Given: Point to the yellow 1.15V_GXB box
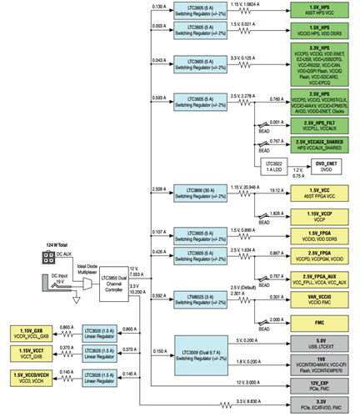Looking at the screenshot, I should click(31, 331).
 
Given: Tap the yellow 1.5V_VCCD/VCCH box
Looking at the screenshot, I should click(31, 374).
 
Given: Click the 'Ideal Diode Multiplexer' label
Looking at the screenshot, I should click(89, 269).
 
